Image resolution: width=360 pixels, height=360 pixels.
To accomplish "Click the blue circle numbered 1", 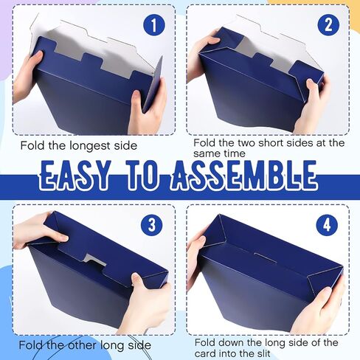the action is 154,25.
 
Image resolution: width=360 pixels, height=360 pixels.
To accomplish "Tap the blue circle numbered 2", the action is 328,24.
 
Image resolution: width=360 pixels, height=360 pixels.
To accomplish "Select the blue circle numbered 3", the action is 152,225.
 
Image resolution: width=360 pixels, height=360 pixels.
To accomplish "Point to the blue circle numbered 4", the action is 327,225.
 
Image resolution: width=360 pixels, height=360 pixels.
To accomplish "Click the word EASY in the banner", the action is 75,176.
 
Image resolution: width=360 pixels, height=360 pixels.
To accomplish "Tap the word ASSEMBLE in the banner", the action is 243,176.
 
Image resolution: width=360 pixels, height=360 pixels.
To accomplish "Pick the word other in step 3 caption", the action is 83,345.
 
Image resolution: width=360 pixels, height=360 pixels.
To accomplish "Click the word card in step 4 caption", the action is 205,354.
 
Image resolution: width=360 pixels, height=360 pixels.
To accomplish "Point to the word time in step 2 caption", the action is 235,153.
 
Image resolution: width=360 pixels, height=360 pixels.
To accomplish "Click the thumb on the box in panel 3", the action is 138,280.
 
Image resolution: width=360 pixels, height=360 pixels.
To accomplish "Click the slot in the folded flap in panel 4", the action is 265,257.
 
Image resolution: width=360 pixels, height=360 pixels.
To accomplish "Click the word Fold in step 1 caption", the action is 33,145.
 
